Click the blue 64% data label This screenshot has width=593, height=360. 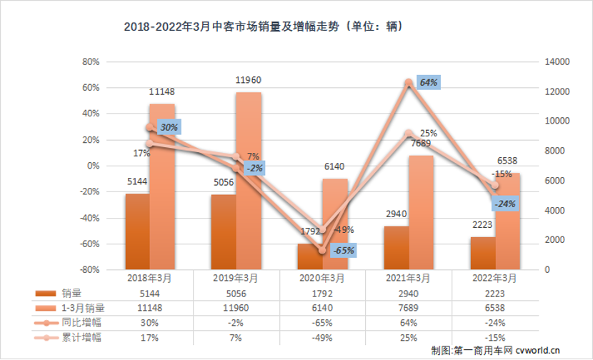pyautogui.click(x=428, y=83)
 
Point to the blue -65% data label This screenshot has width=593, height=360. pyautogui.click(x=344, y=251)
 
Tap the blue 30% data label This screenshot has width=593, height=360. pyautogui.click(x=169, y=128)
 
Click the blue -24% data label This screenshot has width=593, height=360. pyautogui.click(x=506, y=204)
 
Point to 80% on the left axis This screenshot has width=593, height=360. pyautogui.click(x=89, y=62)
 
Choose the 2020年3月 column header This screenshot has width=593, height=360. pyautogui.click(x=322, y=279)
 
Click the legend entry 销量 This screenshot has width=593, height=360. pyautogui.click(x=71, y=293)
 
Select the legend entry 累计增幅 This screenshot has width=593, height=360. pyautogui.click(x=79, y=336)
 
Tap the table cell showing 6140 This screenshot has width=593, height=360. pyautogui.click(x=322, y=308)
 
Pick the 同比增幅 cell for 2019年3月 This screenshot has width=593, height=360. pyautogui.click(x=235, y=322)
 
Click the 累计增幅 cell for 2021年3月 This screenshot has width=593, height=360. pyautogui.click(x=408, y=336)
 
